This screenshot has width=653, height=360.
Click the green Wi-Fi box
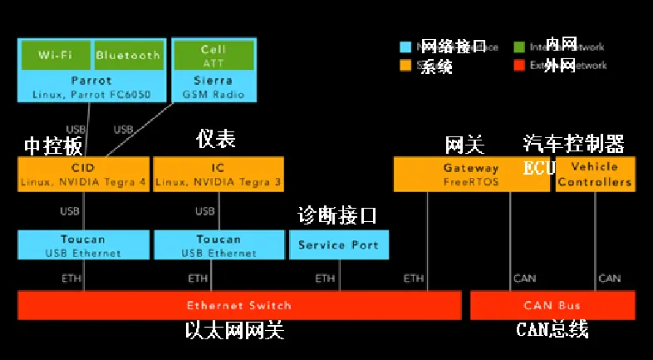[x=55, y=55]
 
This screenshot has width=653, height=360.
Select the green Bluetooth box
[x=127, y=55]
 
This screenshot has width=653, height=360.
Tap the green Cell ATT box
[x=213, y=55]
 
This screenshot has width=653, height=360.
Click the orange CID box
[x=83, y=174]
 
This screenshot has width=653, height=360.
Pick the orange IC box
[x=219, y=174]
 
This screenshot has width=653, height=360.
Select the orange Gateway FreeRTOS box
[x=470, y=174]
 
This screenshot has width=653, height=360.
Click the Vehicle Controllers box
[x=595, y=174]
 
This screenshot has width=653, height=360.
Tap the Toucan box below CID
[x=83, y=245]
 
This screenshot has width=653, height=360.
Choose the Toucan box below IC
[x=219, y=245]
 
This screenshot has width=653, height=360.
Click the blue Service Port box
[x=338, y=244]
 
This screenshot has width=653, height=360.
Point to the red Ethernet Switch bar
[x=239, y=305]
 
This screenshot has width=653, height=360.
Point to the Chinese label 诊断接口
[x=337, y=216]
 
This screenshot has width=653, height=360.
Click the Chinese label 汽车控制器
[x=573, y=144]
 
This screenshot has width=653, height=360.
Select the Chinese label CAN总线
[x=552, y=330]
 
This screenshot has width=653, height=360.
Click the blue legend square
[x=406, y=47]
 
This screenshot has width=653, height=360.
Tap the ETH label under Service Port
[x=325, y=278]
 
